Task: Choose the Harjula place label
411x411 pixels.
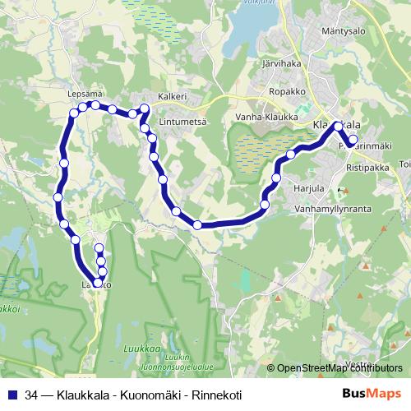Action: pyautogui.click(x=308, y=188)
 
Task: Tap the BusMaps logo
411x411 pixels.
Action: pyautogui.click(x=372, y=395)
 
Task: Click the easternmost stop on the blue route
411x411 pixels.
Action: pyautogui.click(x=353, y=140)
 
